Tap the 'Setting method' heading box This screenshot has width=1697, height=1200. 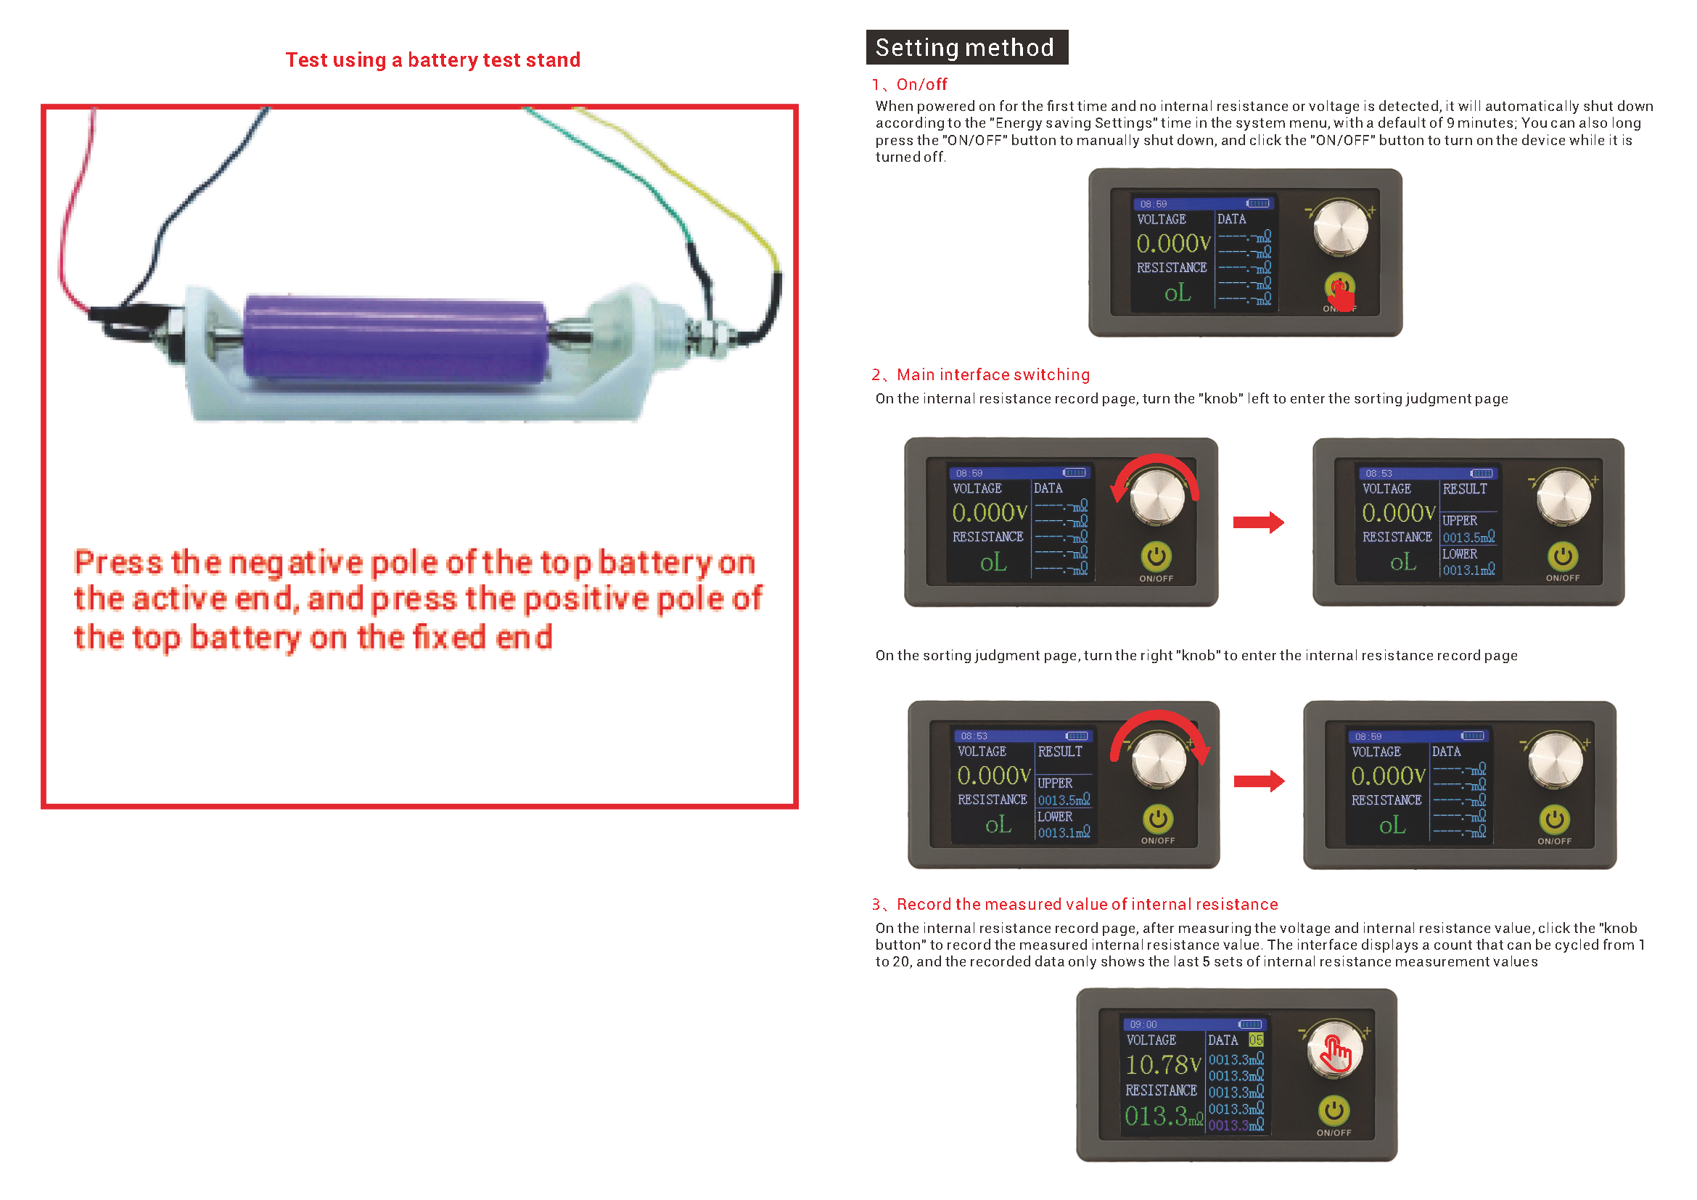966,47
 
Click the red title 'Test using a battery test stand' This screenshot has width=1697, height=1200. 433,59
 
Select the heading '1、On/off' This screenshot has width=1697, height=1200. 909,84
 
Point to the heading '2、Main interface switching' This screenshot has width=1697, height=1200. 981,374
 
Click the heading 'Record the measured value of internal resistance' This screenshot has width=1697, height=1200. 1088,905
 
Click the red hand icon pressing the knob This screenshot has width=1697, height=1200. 1336,1054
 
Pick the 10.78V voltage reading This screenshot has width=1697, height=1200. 1163,1065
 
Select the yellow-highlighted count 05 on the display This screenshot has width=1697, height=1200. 1256,1040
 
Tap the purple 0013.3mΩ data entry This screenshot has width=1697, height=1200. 1236,1125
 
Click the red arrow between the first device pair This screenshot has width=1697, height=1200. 1259,522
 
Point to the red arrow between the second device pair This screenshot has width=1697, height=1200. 1260,781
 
